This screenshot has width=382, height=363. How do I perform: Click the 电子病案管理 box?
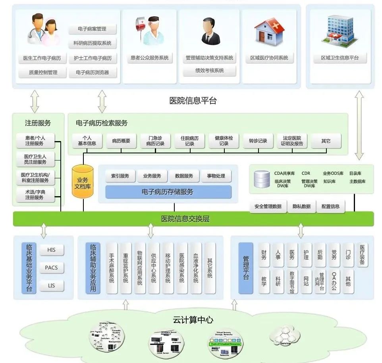pyautogui.click(x=93, y=29)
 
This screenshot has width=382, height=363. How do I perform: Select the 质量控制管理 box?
pyautogui.click(x=43, y=73)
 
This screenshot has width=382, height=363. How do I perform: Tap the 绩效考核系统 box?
pyautogui.click(x=210, y=71)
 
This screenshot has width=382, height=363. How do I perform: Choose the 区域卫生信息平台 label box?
pyautogui.click(x=340, y=58)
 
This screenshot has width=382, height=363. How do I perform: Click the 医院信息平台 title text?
pyautogui.click(x=193, y=101)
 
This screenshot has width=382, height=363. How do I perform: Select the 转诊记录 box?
pyautogui.click(x=258, y=141)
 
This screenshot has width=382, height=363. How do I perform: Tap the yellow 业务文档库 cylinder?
pyautogui.click(x=83, y=182)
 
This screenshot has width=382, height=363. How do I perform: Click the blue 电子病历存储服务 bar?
pyautogui.click(x=168, y=192)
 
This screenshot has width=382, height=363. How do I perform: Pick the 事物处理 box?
pyautogui.click(x=216, y=176)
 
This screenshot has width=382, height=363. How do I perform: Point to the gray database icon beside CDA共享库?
pyautogui.click(x=261, y=179)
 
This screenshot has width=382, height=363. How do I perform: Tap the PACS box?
pyautogui.click(x=51, y=268)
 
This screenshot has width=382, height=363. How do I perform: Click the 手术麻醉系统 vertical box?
pyautogui.click(x=112, y=268)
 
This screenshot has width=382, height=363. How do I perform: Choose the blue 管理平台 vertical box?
pyautogui.click(x=246, y=268)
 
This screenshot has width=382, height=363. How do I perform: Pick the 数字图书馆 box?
pyautogui.click(x=292, y=282)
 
